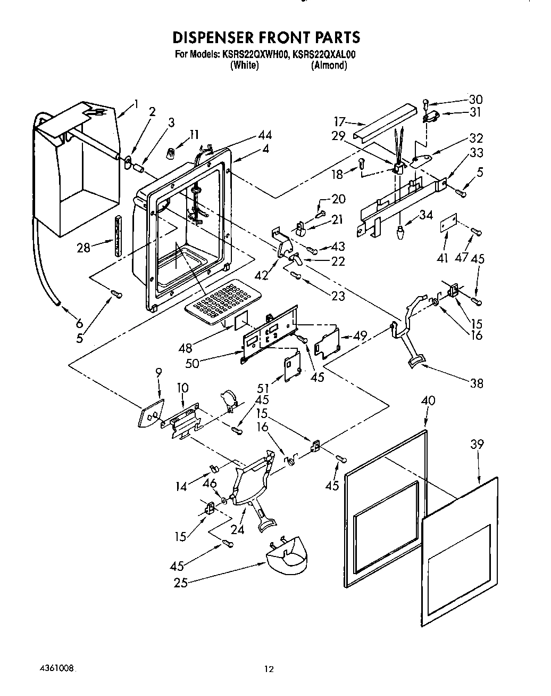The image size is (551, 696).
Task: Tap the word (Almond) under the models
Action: [329, 65]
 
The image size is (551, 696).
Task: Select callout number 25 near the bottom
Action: [181, 583]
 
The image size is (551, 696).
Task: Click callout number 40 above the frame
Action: [428, 400]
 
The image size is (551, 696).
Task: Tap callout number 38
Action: [477, 382]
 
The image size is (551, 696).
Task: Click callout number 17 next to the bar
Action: [340, 121]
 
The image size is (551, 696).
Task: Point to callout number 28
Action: [84, 248]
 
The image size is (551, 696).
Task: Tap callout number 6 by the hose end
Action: [79, 323]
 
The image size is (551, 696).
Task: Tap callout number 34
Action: [426, 215]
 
